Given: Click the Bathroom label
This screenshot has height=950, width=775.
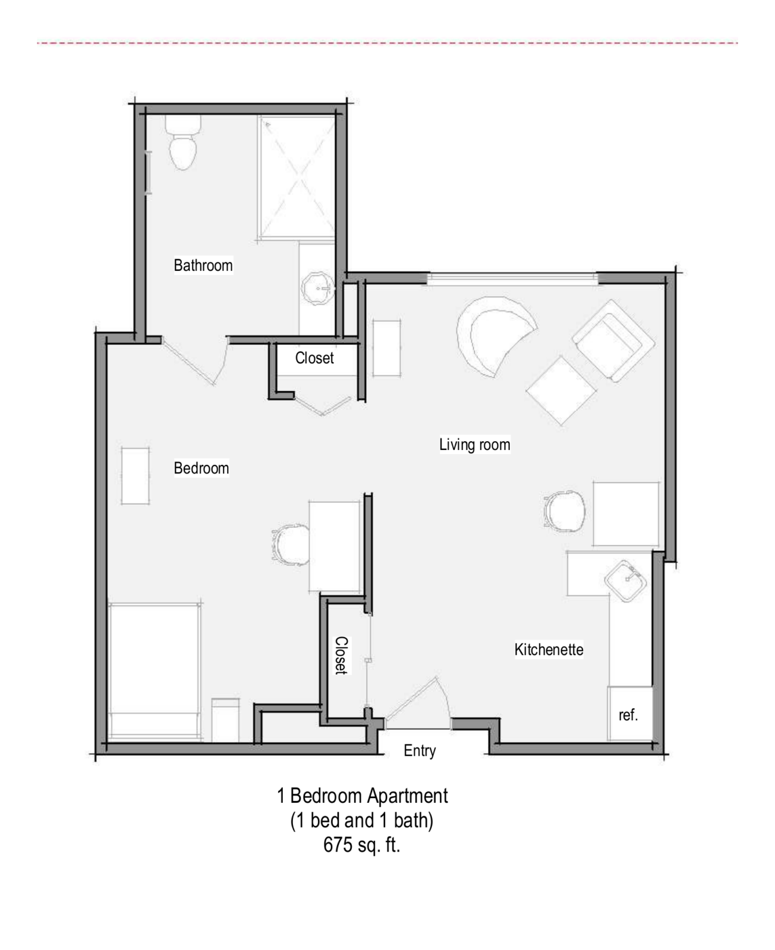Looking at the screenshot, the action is [203, 265].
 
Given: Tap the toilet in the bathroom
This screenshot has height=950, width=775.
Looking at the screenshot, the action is [183, 142].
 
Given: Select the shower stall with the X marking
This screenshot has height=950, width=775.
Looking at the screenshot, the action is [297, 178].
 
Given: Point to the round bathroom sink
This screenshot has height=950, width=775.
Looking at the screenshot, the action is [319, 288].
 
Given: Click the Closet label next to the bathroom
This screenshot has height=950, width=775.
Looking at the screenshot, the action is [314, 358].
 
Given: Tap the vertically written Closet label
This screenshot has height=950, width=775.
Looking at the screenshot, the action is [341, 655].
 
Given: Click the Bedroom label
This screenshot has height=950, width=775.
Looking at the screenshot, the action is [201, 468].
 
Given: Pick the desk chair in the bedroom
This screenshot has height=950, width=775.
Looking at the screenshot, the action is [291, 545].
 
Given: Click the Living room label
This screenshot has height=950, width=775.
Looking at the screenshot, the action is [474, 445].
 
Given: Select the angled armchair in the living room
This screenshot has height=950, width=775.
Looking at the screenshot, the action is [614, 341].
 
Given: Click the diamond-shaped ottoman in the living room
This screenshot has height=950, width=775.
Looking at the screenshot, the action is [561, 391].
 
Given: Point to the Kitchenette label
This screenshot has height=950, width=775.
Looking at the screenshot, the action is [549, 650].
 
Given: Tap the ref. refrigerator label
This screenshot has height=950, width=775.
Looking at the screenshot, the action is [628, 715].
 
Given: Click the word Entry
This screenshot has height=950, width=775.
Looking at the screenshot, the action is [420, 751].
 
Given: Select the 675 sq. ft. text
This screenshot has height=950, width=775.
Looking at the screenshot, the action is [361, 844].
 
